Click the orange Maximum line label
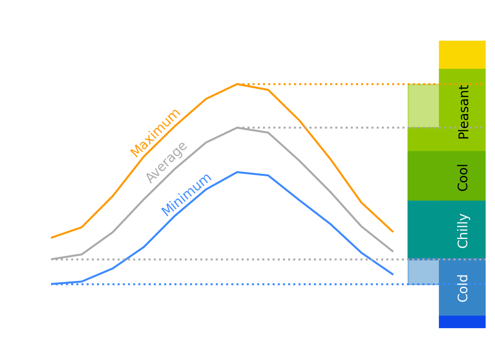(155, 133)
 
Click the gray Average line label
(167, 162)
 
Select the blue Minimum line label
(186, 194)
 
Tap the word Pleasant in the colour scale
(463, 112)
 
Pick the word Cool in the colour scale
(463, 177)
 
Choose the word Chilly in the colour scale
(463, 230)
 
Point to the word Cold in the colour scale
(463, 288)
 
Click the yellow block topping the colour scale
(462, 55)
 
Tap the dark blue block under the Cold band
(462, 322)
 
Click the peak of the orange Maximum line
(238, 84)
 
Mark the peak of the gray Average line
(238, 127)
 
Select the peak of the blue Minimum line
(238, 172)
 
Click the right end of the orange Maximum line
(393, 231)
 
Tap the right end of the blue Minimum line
(393, 274)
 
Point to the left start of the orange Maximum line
(51, 238)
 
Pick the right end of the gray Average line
(393, 252)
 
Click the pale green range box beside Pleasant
(423, 106)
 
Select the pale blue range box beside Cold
(423, 272)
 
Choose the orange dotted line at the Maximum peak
(328, 84)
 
